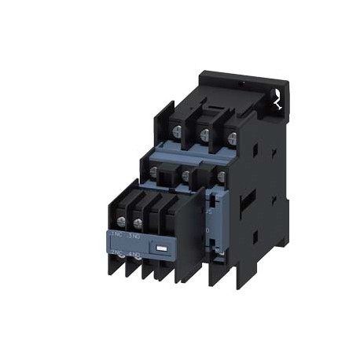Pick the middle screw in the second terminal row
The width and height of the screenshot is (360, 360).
(x=184, y=176)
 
